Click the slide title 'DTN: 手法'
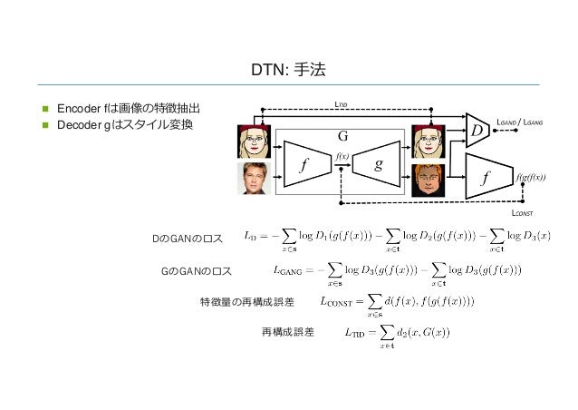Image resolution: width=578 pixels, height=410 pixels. point(288,69)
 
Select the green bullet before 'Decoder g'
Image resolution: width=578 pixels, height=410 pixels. point(42,124)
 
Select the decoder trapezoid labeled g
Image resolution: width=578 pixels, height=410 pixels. point(378,165)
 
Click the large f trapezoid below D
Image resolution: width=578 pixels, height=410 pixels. point(486,178)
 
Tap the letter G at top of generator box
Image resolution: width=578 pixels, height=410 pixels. point(342,136)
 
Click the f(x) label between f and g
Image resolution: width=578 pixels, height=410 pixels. point(342,156)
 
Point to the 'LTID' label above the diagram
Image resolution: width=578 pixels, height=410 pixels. point(342,103)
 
